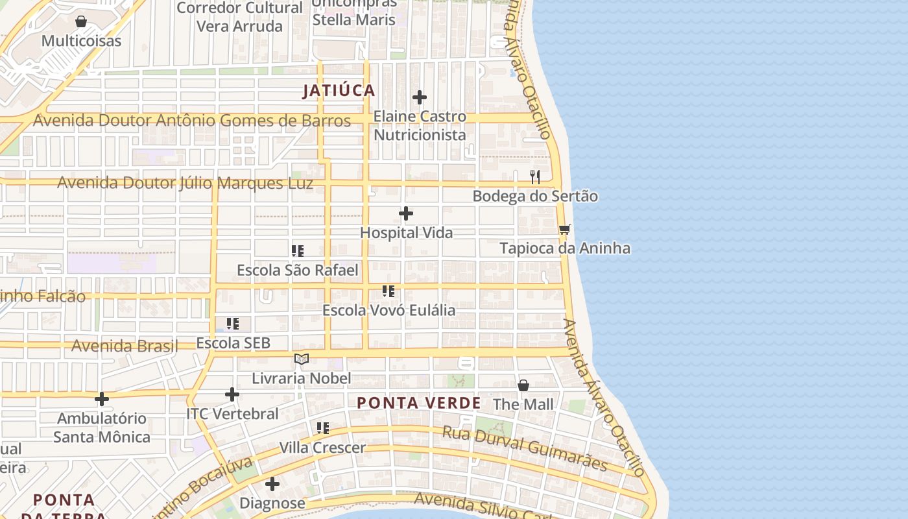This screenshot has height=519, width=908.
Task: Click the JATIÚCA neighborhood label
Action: pyautogui.click(x=339, y=91)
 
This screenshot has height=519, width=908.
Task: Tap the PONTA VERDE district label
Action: pyautogui.click(x=419, y=403)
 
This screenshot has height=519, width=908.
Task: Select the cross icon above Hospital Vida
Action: pyautogui.click(x=406, y=213)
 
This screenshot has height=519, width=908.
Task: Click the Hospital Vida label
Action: pyautogui.click(x=406, y=232)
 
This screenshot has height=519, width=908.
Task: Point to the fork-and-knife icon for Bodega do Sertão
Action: pyautogui.click(x=535, y=176)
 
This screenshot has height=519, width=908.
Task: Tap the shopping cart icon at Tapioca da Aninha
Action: pyautogui.click(x=564, y=229)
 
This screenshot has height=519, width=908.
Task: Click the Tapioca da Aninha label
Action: pyautogui.click(x=564, y=248)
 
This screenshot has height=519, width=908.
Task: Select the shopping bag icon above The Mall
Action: pyautogui.click(x=523, y=385)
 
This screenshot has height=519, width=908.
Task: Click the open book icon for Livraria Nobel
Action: pyautogui.click(x=302, y=359)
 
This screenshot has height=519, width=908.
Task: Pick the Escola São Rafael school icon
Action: pyautogui.click(x=298, y=250)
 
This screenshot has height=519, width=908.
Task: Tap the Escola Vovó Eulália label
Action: pyautogui.click(x=388, y=310)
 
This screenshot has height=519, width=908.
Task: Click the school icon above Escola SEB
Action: pyautogui.click(x=233, y=323)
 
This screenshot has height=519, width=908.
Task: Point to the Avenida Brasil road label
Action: pyautogui.click(x=125, y=346)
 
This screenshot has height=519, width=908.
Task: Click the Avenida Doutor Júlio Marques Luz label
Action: pyautogui.click(x=185, y=183)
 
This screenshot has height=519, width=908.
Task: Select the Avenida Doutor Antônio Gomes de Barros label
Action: pyautogui.click(x=192, y=121)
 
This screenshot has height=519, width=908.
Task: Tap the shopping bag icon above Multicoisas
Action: pyautogui.click(x=81, y=21)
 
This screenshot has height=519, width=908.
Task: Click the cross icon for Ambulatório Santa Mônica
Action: pyautogui.click(x=102, y=398)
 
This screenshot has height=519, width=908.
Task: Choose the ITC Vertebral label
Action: pyautogui.click(x=232, y=413)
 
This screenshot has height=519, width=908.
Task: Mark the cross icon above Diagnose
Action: pyautogui.click(x=272, y=484)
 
